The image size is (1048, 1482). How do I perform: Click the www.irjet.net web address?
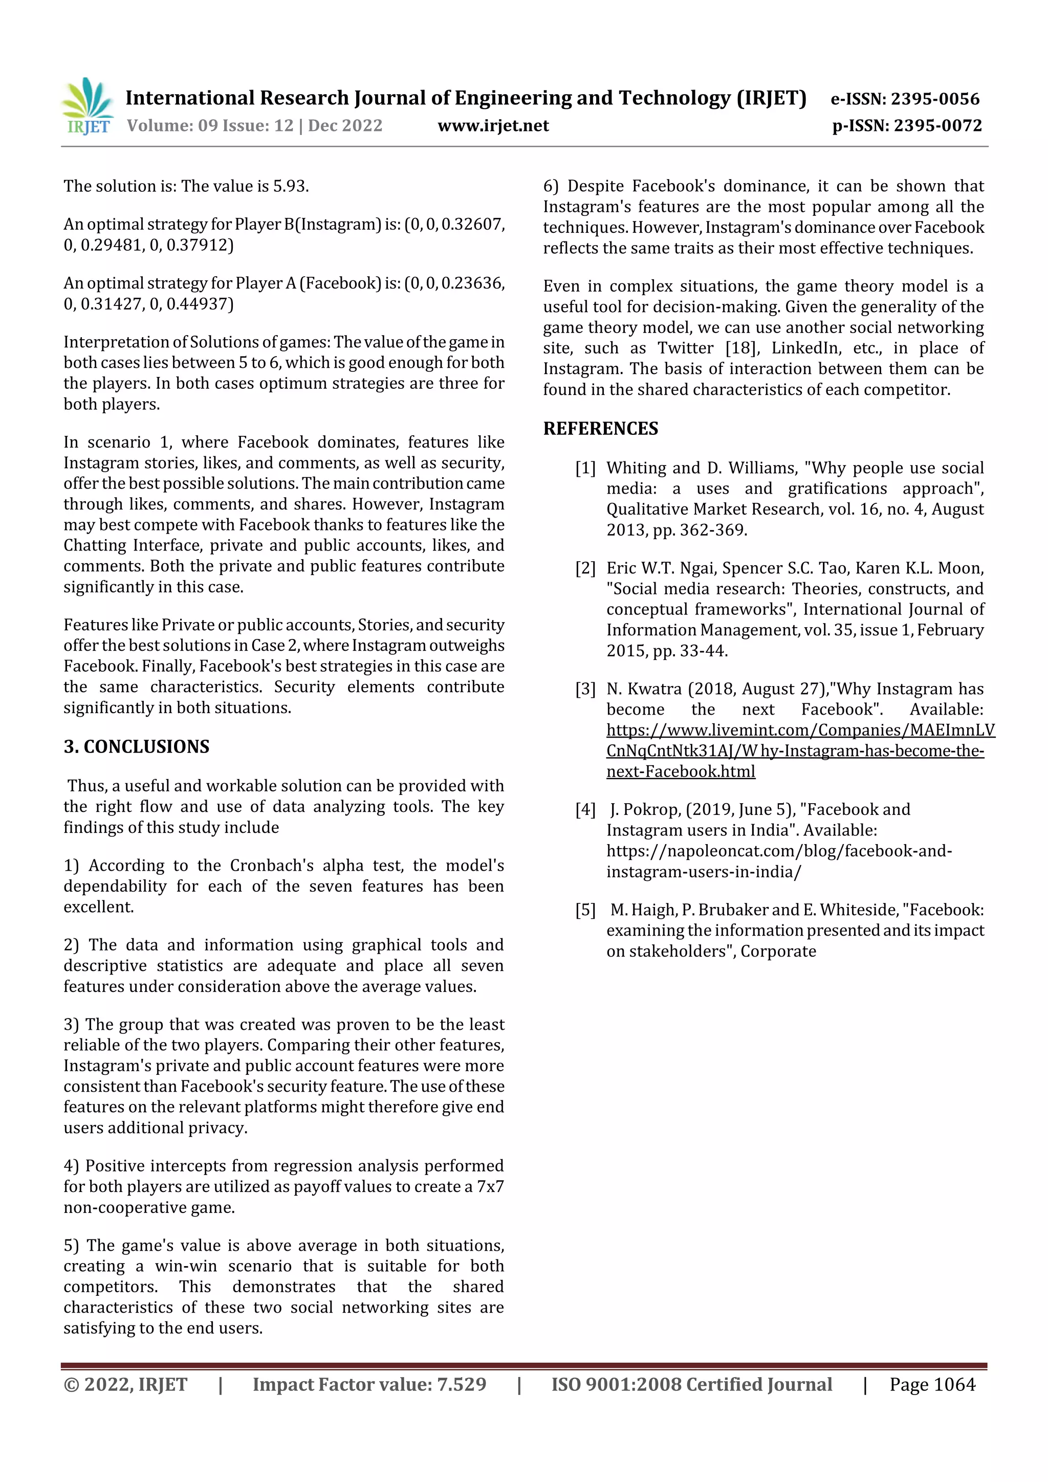pyautogui.click(x=493, y=125)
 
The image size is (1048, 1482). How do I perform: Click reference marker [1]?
pyautogui.click(x=585, y=468)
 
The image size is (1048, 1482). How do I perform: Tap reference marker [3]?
pyautogui.click(x=585, y=690)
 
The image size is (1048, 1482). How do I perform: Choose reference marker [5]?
pyautogui.click(x=585, y=910)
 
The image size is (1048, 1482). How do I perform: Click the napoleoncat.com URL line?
pyautogui.click(x=778, y=851)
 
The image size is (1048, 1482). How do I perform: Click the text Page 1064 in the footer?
pyautogui.click(x=932, y=1384)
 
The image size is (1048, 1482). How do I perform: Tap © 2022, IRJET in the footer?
pyautogui.click(x=125, y=1384)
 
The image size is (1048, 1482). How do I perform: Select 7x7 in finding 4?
pyautogui.click(x=490, y=1186)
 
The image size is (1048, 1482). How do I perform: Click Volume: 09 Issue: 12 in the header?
pyautogui.click(x=210, y=125)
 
